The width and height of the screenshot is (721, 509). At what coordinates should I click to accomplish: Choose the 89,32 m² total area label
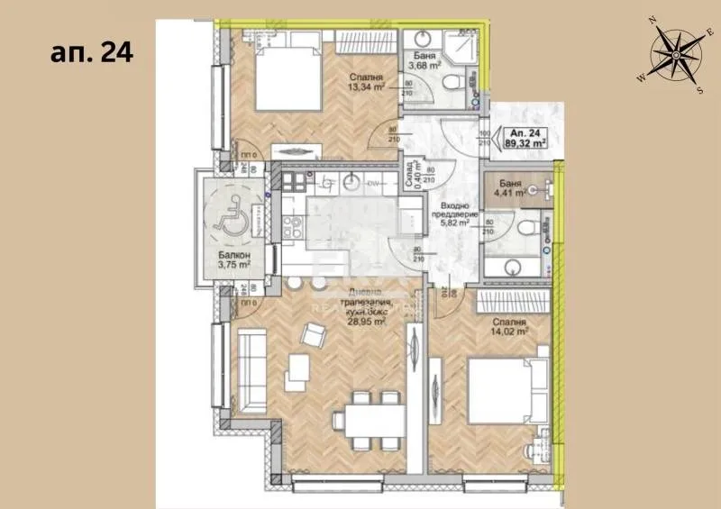click(528, 141)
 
